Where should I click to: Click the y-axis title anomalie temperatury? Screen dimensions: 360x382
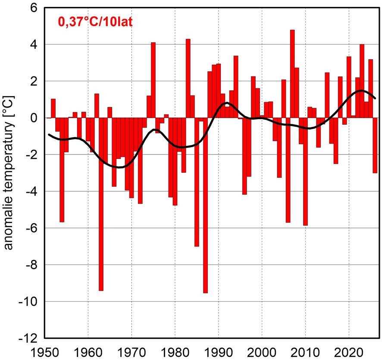pos(9,173)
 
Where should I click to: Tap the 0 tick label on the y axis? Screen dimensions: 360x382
pos(34,118)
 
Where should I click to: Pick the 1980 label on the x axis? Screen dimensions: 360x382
pos(175,351)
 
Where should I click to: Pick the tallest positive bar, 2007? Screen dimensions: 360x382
pos(292,73)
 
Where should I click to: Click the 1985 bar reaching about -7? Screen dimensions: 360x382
pos(197,181)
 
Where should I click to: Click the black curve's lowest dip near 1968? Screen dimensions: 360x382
pos(121,167)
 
